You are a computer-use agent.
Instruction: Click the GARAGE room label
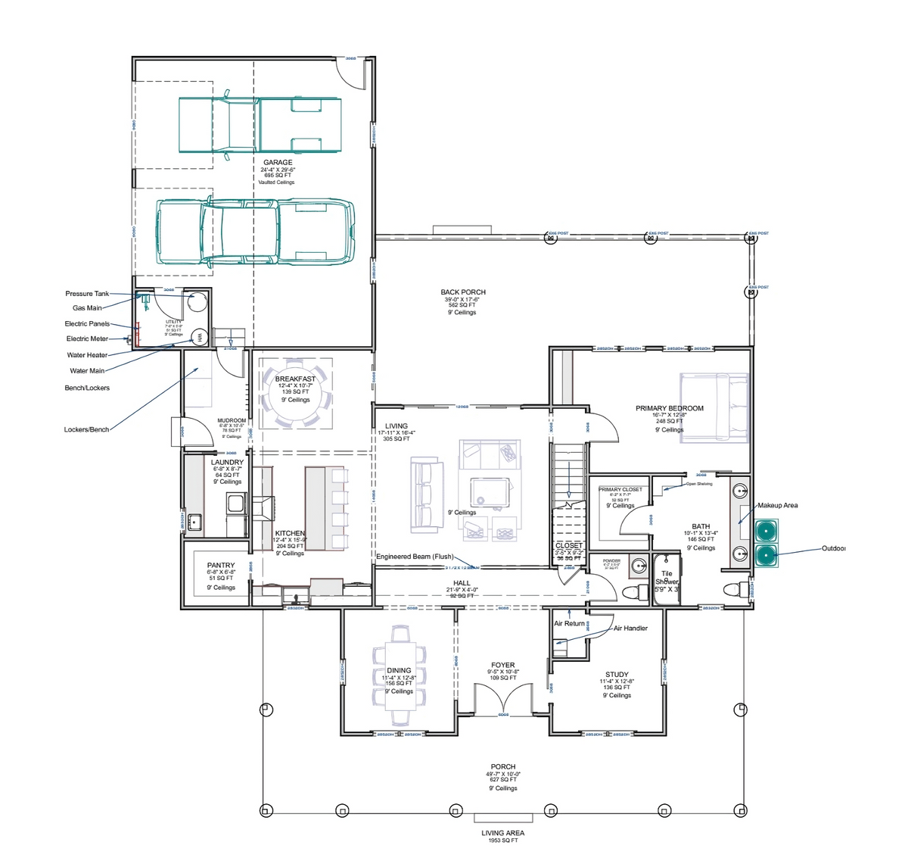(x=278, y=163)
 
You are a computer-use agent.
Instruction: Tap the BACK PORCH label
(x=463, y=292)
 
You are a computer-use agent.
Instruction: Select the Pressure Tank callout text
(x=87, y=294)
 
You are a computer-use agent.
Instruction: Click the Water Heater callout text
(x=87, y=355)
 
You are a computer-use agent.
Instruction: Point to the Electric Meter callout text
(x=87, y=339)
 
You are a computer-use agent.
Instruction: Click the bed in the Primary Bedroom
(x=714, y=407)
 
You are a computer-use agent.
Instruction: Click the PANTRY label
(x=221, y=566)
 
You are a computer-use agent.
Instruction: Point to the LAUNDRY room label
(x=227, y=463)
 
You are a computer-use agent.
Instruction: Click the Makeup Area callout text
(x=778, y=506)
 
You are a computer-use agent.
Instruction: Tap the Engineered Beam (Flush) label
(x=415, y=557)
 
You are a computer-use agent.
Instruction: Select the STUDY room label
(x=617, y=675)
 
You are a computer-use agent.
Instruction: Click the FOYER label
(x=503, y=666)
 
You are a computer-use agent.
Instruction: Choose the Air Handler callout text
(x=630, y=629)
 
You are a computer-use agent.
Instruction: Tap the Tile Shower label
(x=667, y=578)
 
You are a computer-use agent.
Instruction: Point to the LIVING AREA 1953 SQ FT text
(x=503, y=836)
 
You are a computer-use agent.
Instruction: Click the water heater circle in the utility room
(x=200, y=338)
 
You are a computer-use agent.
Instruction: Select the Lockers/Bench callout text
(x=86, y=430)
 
